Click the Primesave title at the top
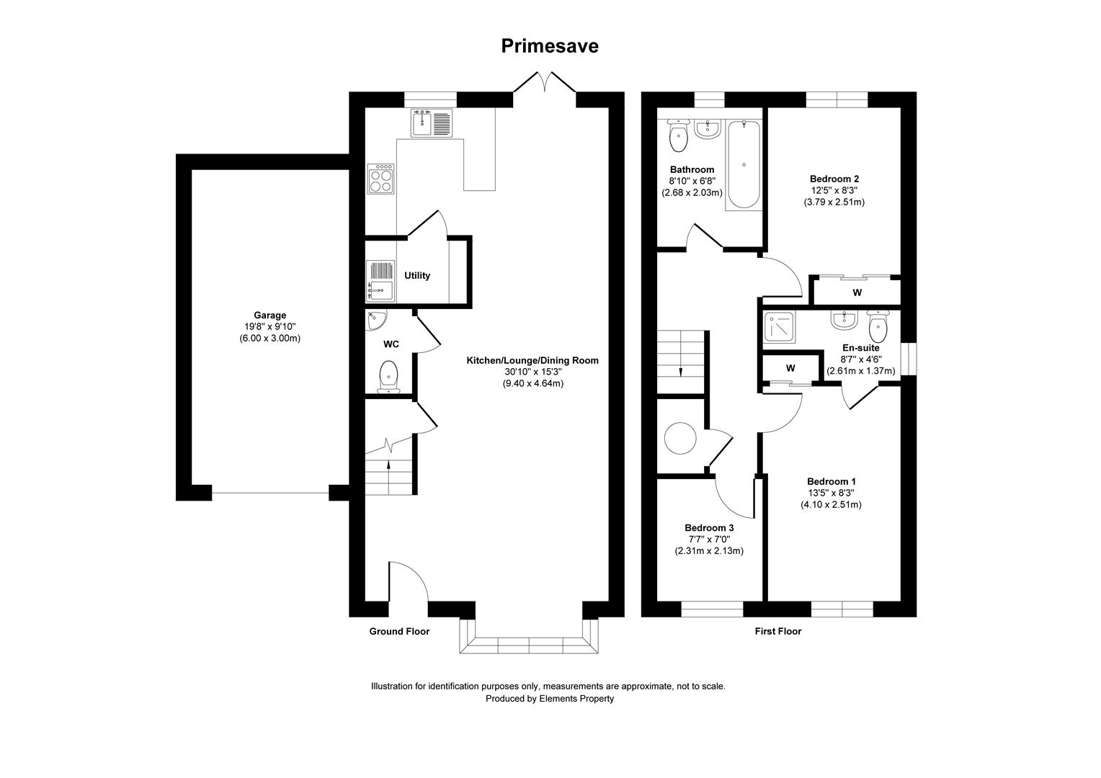click(x=550, y=46)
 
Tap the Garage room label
click(x=269, y=315)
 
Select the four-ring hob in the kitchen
click(x=381, y=179)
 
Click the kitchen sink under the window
click(x=431, y=122)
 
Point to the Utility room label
click(x=417, y=275)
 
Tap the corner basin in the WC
click(x=375, y=319)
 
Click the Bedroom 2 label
click(x=834, y=179)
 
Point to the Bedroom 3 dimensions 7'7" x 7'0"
click(x=708, y=539)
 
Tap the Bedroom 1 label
click(x=831, y=481)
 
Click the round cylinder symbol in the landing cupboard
click(x=680, y=438)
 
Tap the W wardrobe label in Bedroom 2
click(x=857, y=292)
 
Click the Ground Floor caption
click(x=399, y=631)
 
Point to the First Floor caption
click(x=777, y=631)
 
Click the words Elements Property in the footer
click(x=576, y=698)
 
